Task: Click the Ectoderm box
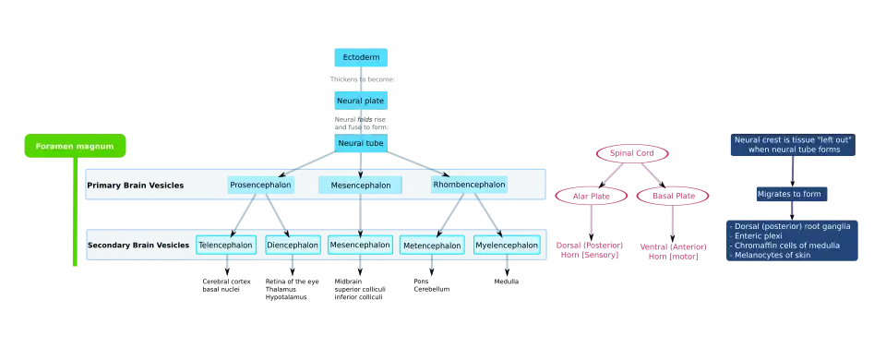coord(361,57)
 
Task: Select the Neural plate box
coord(361,101)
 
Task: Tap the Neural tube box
coord(361,144)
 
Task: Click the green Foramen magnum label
coord(75,146)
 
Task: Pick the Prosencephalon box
coord(261,185)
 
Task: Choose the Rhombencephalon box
coord(469,185)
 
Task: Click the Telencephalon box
coord(226,245)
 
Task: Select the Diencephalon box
coord(293,245)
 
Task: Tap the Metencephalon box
coord(432,246)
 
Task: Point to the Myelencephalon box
coord(507,245)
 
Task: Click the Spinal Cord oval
coord(632,153)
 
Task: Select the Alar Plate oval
coord(591,196)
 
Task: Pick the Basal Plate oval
coord(673,196)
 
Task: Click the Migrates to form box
coord(792,194)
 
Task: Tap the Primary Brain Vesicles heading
coord(135,186)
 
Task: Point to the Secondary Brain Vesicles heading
coord(138,246)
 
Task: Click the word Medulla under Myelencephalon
coord(507,282)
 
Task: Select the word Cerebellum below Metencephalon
coord(432,289)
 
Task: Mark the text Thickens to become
coord(362,79)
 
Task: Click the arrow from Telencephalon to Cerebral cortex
coord(227,265)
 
